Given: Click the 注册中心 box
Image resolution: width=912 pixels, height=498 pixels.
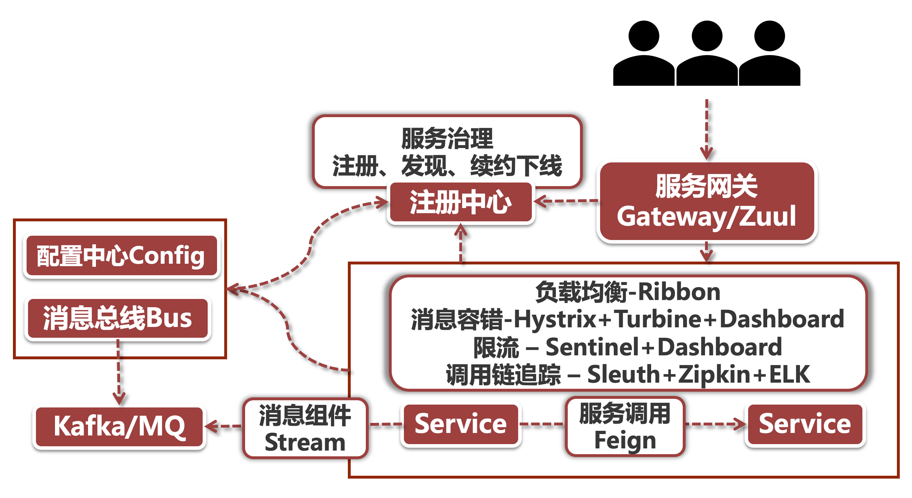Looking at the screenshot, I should (461, 202).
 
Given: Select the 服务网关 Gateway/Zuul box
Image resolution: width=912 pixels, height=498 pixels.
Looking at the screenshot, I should (706, 202).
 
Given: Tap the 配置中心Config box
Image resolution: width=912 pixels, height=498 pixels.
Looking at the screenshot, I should (121, 256).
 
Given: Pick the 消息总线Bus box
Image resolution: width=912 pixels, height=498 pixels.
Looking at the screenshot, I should (118, 318).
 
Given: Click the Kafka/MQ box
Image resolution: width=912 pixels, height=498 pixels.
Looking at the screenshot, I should (119, 426).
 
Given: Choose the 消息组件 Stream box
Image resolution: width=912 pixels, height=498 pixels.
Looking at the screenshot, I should (305, 428).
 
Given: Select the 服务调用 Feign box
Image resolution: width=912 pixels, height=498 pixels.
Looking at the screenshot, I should (625, 426).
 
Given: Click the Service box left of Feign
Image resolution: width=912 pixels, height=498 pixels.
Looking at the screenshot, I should (461, 424).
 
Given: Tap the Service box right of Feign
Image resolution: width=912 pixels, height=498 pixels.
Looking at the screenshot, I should (805, 424).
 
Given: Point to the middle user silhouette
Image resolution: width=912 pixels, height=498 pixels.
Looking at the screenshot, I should (707, 54).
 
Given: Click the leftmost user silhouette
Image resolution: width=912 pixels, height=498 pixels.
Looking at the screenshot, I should (644, 54).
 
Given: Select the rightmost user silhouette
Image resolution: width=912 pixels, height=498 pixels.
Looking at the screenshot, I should (769, 54).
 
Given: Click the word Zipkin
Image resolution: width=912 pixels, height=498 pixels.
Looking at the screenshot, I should (713, 374).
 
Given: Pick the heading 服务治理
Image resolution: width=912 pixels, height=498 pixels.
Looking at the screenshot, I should (447, 139).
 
